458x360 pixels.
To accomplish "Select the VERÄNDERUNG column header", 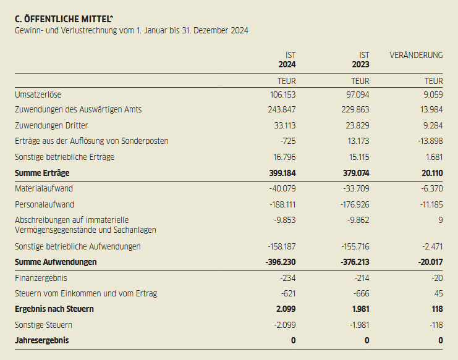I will pos(416,55).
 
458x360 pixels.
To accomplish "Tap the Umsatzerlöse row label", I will pos(38,94).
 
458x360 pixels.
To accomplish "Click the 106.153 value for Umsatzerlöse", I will pos(283,94).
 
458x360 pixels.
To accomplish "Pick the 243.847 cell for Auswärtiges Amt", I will pos(283,109).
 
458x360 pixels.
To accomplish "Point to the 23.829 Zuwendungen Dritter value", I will pos(357,125).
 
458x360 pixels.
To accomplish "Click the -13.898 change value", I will pos(429,141).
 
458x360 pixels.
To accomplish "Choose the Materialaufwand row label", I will pos(44,188).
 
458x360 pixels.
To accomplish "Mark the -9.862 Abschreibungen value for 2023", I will pos(356,220).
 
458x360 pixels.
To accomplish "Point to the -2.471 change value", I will pos(431,246).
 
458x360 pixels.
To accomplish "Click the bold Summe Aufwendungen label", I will pos(56,262).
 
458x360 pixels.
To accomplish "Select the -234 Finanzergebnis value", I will pos(287,278).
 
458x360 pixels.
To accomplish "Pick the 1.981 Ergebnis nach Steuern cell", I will pos(358,309).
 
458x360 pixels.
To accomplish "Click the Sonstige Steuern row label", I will pos(43,325).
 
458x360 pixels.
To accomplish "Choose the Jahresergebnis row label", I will pos(41,340).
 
